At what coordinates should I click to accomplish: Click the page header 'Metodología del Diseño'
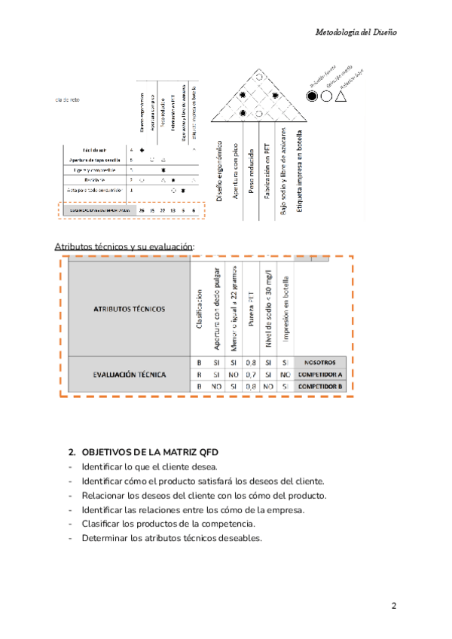(355, 33)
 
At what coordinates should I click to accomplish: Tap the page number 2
(394, 606)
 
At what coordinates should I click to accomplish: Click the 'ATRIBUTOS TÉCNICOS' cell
(130, 308)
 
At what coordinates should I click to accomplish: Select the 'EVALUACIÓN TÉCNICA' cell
(130, 374)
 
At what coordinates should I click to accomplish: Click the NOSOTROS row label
(319, 362)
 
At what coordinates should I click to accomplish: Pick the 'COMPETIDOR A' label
(319, 374)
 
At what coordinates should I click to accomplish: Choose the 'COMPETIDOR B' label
(319, 386)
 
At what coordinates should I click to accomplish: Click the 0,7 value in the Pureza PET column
(252, 374)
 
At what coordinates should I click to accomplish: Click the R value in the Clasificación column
(199, 374)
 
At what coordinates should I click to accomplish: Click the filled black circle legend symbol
(311, 97)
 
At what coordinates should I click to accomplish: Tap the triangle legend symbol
(341, 96)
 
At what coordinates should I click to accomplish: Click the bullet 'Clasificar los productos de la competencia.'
(169, 524)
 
